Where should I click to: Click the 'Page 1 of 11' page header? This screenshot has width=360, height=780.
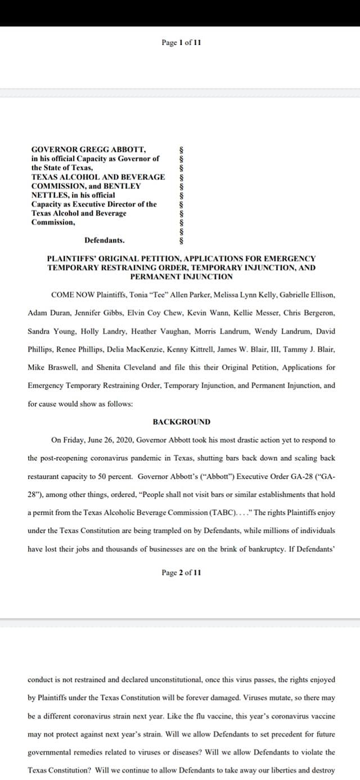point(181,43)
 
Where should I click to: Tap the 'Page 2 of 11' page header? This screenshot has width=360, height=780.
point(181,572)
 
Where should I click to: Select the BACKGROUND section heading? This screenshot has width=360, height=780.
point(181,422)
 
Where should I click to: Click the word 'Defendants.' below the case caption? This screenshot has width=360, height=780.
point(105,240)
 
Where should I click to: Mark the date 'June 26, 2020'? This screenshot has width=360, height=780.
point(112,440)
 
